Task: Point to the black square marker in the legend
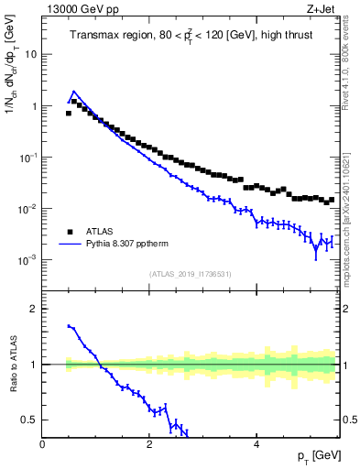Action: (68, 232)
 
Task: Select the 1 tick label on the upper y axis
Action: (34, 106)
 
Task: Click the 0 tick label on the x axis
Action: (43, 444)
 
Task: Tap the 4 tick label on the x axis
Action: (256, 444)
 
